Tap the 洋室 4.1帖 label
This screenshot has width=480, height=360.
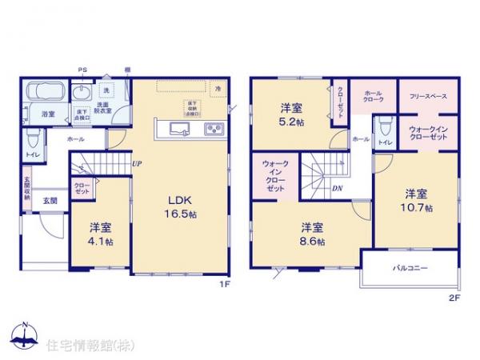tap(100, 230)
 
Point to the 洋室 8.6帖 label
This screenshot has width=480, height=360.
tap(313, 233)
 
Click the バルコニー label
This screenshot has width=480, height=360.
tap(410, 266)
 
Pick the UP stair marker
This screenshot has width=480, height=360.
tap(138, 164)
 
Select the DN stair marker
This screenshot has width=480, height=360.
tap(338, 189)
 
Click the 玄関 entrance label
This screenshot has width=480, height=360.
tap(48, 199)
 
